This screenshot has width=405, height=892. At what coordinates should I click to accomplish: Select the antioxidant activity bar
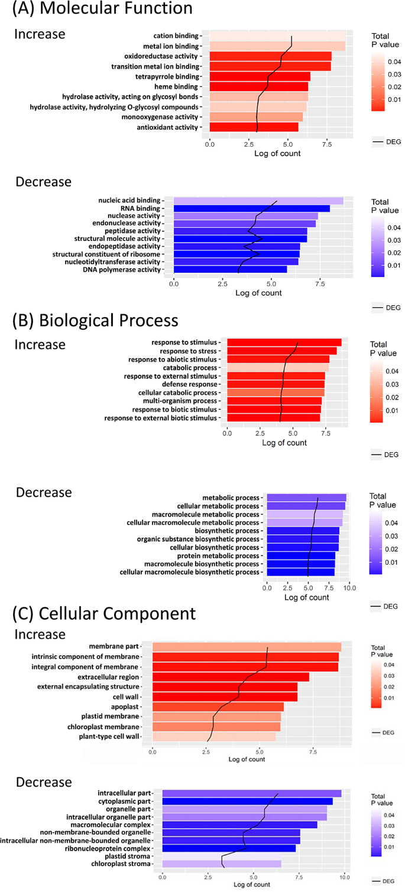click(x=254, y=127)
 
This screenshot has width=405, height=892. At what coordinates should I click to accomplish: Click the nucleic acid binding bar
click(x=258, y=201)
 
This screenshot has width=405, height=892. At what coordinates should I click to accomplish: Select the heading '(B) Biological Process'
click(x=95, y=320)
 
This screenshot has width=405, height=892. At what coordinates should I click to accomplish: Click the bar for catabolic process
click(x=278, y=368)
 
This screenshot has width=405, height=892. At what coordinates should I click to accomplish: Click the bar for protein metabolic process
click(x=301, y=556)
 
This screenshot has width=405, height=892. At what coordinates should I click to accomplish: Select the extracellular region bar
click(x=231, y=677)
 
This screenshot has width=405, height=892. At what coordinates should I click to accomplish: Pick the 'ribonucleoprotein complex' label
click(x=109, y=848)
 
